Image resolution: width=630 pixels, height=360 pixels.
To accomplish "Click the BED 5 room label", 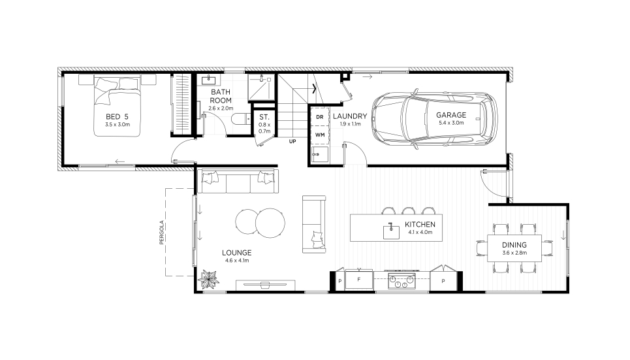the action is [117, 117].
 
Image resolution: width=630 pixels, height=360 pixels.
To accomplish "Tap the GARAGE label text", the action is [451, 115].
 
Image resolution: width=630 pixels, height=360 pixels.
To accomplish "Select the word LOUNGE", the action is [236, 253].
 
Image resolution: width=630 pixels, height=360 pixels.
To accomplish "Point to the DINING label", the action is [514, 245].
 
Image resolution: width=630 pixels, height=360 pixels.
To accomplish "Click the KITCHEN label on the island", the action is [420, 225].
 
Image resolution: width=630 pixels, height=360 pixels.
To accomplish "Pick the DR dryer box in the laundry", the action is [320, 117].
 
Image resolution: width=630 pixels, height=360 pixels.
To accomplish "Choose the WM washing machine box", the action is [320, 135].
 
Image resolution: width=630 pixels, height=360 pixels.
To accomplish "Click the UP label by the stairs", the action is [292, 142].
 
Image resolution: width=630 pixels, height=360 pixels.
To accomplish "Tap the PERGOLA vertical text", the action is [161, 233].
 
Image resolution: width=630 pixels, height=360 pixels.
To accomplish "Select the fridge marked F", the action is [359, 280].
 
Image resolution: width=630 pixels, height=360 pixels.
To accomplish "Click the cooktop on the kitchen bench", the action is [402, 281].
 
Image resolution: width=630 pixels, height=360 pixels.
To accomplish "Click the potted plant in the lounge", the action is [208, 279].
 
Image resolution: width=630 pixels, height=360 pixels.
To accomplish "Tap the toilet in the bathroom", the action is [241, 120].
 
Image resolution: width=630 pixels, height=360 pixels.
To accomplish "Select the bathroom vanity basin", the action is [208, 80].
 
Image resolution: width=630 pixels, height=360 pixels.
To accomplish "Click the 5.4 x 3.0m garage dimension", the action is [451, 123].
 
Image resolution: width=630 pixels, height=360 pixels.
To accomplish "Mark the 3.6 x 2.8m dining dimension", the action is [514, 253].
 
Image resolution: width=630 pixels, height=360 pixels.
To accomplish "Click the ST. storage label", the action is [264, 117].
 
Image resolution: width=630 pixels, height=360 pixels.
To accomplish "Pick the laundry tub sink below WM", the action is [321, 154].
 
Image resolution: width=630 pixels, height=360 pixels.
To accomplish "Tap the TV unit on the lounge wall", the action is [266, 285].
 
